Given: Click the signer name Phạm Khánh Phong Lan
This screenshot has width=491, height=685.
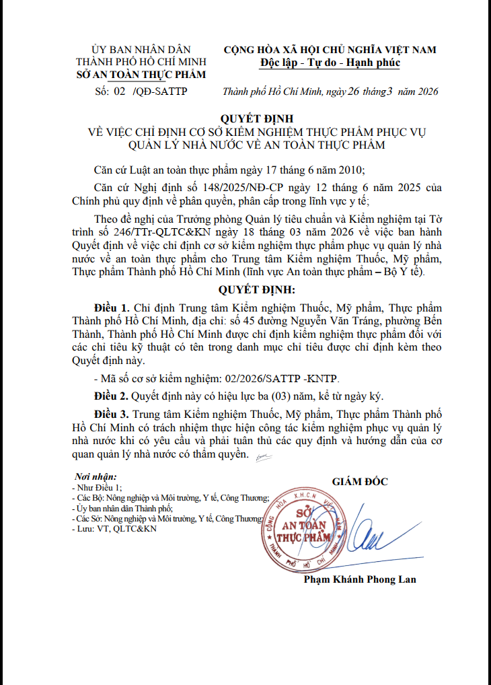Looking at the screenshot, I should pos(359,579).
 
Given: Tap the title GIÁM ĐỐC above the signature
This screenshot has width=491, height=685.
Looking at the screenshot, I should pos(360,481).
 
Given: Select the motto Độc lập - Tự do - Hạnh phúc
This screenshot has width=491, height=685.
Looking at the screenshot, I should pos(330,63).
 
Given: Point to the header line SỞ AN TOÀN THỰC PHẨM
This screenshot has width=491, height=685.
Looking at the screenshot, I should pos(141,75).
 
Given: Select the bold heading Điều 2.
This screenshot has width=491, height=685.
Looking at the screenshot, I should pos(113,395).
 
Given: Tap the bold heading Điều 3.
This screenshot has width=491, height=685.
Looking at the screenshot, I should pos(113,413).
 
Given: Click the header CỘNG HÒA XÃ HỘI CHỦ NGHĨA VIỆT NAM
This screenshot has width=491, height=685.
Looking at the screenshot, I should pos(330,50).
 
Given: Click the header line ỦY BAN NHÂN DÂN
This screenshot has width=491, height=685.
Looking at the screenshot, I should pos(141,50).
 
